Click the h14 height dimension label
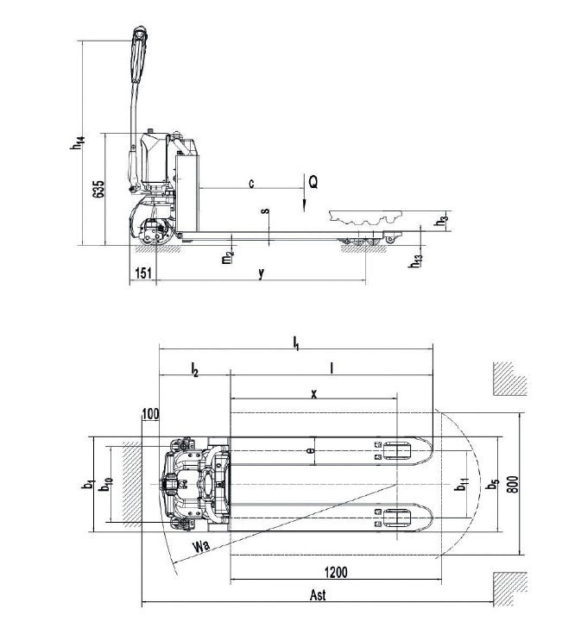[x=77, y=140]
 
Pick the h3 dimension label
[x=442, y=218]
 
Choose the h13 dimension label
[x=417, y=261]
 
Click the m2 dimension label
[x=226, y=256]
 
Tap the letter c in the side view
[x=251, y=182]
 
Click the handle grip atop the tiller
[x=138, y=52]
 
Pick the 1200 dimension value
[x=337, y=572]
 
